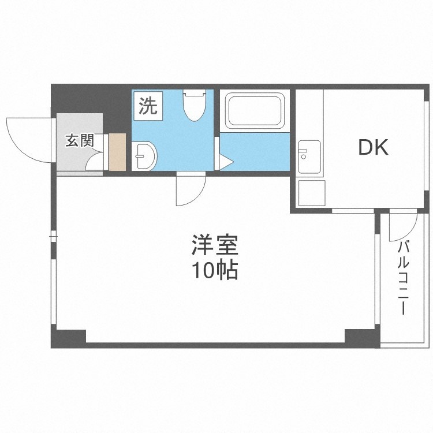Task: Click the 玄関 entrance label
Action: [x=80, y=140]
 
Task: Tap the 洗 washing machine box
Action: [x=148, y=106]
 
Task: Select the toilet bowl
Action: [x=195, y=105]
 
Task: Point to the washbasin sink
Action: [x=144, y=156]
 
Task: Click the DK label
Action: [x=374, y=148]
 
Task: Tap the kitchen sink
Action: [x=309, y=157]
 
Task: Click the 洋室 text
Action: [x=215, y=245]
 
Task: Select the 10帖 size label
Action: [x=215, y=270]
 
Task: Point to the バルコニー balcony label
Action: [x=403, y=278]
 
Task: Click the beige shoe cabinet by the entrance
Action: [x=117, y=152]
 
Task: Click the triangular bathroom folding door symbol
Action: [x=226, y=162]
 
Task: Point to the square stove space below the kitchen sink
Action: [x=312, y=193]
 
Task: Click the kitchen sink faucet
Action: [x=303, y=151]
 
